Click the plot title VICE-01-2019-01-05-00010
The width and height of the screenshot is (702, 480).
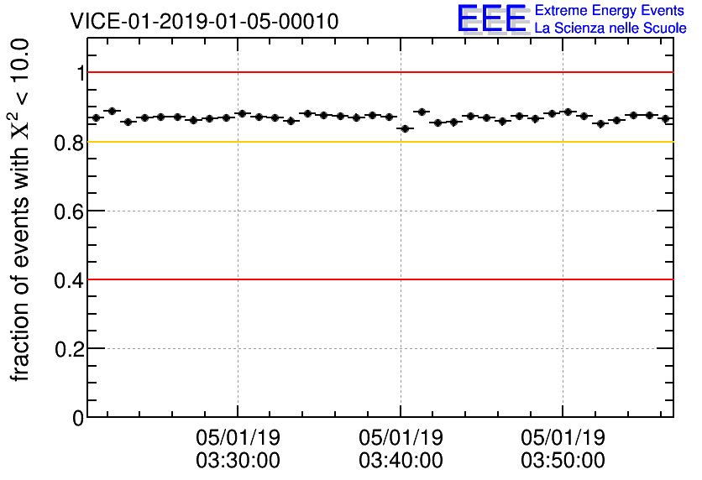point(204,21)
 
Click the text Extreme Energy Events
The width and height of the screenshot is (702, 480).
point(610,11)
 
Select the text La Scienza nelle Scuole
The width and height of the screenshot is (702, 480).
point(610,29)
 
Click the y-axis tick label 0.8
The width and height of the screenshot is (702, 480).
point(70,143)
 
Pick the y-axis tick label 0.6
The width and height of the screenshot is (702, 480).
point(70,211)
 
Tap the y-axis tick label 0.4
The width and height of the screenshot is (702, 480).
point(70,280)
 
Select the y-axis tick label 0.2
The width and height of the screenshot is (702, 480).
point(70,349)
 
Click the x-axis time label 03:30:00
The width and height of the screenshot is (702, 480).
point(238,461)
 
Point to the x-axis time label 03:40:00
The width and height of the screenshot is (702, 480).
point(401,461)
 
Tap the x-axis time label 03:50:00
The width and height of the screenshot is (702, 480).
point(563,461)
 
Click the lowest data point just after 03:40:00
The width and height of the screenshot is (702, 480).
point(406,128)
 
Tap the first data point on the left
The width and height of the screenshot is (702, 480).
point(96,117)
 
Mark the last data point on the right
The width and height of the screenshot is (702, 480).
point(666,119)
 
